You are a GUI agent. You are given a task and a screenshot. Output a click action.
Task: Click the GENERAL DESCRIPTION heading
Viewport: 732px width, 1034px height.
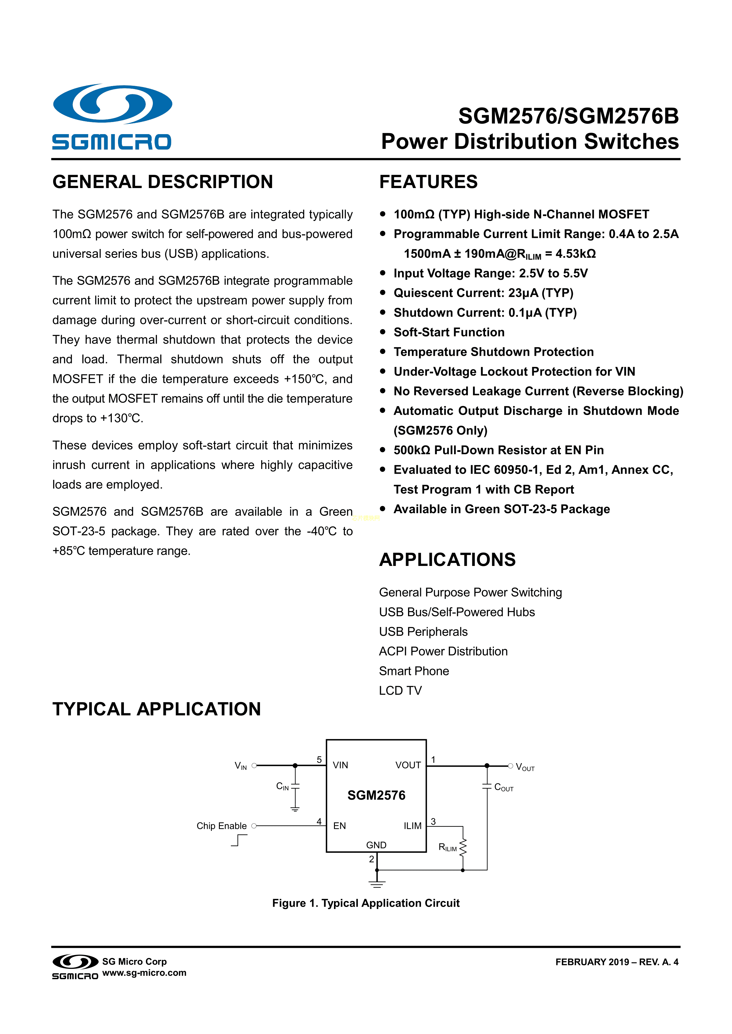(x=163, y=182)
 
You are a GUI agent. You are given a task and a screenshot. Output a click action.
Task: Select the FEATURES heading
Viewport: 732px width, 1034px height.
(x=428, y=182)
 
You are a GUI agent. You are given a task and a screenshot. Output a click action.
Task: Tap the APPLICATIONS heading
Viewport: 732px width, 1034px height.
(x=447, y=560)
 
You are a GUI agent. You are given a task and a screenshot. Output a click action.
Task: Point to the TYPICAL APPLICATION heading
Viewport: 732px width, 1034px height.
(x=156, y=709)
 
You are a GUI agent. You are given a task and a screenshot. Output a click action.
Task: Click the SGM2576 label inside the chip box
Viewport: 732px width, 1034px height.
(x=376, y=795)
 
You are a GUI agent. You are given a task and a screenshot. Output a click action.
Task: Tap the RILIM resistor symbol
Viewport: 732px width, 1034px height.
(x=463, y=847)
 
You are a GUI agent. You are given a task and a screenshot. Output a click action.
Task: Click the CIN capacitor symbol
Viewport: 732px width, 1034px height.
(x=295, y=786)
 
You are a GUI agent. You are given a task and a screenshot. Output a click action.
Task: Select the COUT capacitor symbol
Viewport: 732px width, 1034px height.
(x=487, y=786)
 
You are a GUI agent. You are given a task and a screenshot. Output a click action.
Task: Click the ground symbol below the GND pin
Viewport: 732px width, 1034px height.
(x=377, y=884)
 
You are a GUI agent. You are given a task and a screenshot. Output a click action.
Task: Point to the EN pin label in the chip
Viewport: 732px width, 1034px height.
(x=339, y=826)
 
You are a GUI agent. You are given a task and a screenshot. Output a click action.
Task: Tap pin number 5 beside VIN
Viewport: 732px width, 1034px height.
(x=319, y=760)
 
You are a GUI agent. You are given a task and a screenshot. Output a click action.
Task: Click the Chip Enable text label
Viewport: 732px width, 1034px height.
(x=221, y=826)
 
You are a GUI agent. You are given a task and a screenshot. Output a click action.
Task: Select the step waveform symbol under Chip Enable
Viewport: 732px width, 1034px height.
(x=239, y=840)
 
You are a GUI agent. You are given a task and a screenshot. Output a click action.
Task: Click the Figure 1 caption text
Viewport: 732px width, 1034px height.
(x=366, y=903)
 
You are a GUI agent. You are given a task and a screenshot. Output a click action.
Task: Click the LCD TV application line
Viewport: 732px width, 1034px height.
(x=400, y=690)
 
